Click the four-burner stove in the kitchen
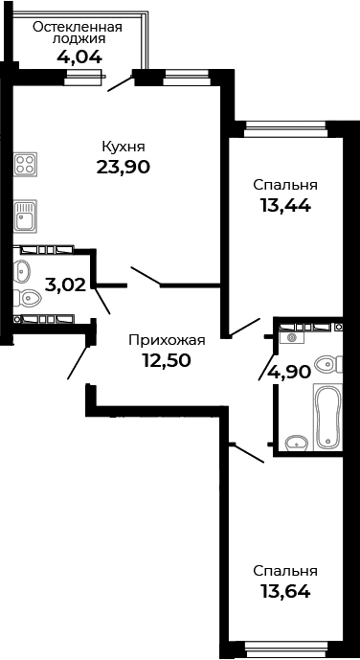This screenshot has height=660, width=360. pyautogui.click(x=25, y=164)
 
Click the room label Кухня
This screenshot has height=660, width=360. pyautogui.click(x=124, y=147)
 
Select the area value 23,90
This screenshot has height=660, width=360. pyautogui.click(x=124, y=167)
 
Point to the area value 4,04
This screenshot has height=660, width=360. pyautogui.click(x=80, y=57)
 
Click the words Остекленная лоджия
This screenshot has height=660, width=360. pyautogui.click(x=77, y=34)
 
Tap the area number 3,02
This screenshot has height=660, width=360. pyautogui.click(x=65, y=284)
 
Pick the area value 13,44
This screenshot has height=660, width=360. pyautogui.click(x=285, y=204)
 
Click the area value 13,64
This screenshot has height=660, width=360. pyautogui.click(x=285, y=590)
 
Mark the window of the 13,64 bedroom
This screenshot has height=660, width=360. pyautogui.click(x=284, y=651)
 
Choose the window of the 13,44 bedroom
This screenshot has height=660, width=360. pyautogui.click(x=284, y=125)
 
